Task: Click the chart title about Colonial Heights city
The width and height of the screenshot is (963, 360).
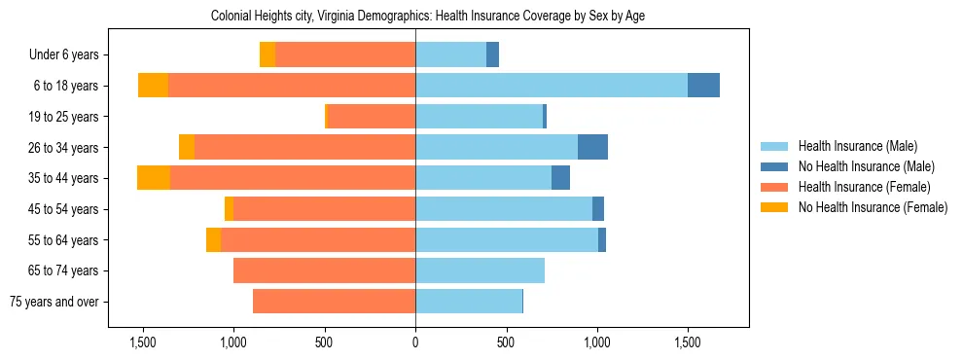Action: tap(428, 16)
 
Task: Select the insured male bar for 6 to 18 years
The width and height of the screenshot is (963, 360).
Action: tap(551, 86)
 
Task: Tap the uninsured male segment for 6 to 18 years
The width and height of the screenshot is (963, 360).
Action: tap(703, 86)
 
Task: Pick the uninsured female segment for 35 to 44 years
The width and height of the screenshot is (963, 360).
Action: tap(154, 178)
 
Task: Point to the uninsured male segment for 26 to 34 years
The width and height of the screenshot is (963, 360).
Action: tap(592, 147)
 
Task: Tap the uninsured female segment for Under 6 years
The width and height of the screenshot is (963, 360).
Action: tap(267, 54)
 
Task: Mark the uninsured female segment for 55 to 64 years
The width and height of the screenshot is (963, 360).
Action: tap(213, 239)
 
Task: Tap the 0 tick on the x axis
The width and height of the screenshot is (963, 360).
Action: tap(415, 342)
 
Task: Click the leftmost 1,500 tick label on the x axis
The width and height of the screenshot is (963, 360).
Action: tap(143, 342)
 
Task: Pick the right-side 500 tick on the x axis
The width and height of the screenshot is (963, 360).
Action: tap(506, 342)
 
